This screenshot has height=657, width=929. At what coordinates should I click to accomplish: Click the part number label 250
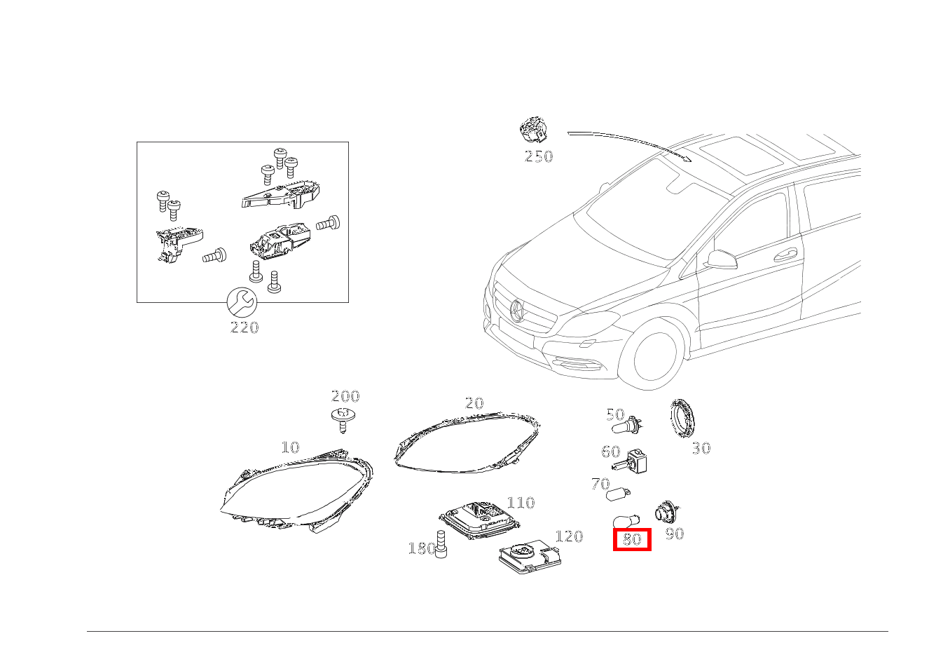538,156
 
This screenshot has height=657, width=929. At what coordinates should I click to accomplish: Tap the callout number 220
245,327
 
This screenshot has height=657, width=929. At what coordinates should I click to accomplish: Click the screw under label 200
342,420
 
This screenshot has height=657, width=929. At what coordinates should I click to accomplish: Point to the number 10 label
290,447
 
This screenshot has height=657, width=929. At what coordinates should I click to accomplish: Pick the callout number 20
474,403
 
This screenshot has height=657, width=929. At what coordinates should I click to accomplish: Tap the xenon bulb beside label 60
630,462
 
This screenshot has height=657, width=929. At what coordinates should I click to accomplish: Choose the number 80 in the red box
632,539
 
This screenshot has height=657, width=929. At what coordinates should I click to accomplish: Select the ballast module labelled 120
530,558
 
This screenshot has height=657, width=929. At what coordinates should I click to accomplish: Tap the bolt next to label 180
441,544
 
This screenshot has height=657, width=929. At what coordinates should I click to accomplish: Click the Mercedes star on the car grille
518,310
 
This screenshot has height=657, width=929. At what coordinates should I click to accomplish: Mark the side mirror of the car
722,259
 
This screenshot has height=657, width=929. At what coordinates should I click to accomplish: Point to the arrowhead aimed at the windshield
688,159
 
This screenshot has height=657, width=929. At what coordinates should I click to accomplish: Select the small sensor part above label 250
533,129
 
